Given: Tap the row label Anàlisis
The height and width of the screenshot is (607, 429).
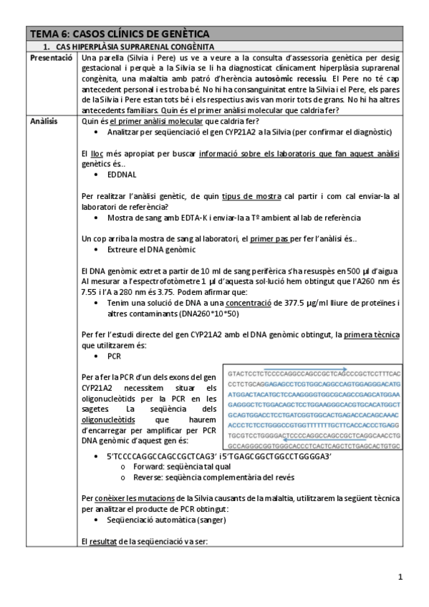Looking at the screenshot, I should [x=44, y=122].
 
